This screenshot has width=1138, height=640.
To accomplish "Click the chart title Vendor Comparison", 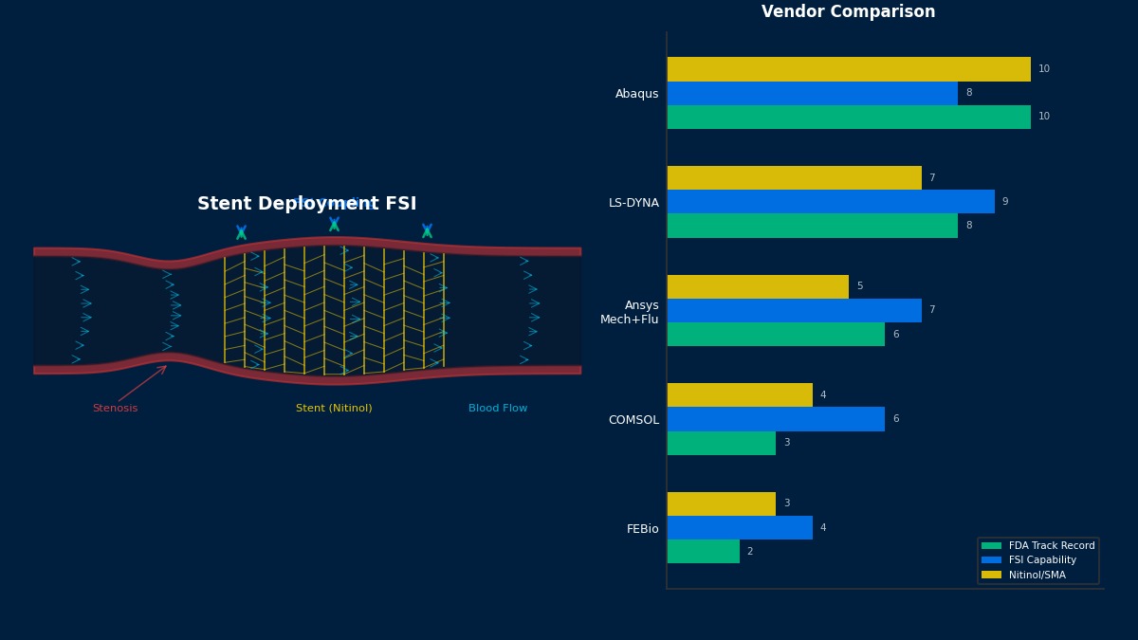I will (x=848, y=12).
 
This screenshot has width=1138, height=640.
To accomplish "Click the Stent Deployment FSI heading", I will (x=306, y=204).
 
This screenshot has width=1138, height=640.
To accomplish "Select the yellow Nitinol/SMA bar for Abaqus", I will (x=848, y=69).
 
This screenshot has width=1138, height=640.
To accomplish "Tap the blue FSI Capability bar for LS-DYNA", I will (x=830, y=202).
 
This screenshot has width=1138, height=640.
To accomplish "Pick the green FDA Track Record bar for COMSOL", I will (x=721, y=443).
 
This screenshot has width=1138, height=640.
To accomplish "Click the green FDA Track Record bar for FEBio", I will (x=703, y=552).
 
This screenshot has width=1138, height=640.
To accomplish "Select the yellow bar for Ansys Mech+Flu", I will (x=757, y=286).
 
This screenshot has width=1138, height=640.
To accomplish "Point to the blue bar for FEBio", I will (x=739, y=528).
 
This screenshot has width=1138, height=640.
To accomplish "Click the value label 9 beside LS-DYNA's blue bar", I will (x=1005, y=202).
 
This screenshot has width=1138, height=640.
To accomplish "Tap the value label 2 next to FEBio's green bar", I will (x=749, y=552).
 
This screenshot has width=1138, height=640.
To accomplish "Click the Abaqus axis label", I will (x=636, y=94).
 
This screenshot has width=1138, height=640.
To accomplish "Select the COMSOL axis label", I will (x=633, y=420).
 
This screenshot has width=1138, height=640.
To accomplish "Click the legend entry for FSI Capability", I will (x=1042, y=560).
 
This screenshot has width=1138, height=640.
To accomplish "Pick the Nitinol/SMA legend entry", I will (x=1037, y=575).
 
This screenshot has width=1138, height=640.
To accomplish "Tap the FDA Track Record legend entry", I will (x=1051, y=546).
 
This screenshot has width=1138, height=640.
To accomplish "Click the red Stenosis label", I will (x=115, y=409).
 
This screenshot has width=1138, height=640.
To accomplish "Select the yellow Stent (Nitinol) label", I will (x=334, y=409).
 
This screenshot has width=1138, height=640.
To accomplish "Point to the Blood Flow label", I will (x=498, y=409).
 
